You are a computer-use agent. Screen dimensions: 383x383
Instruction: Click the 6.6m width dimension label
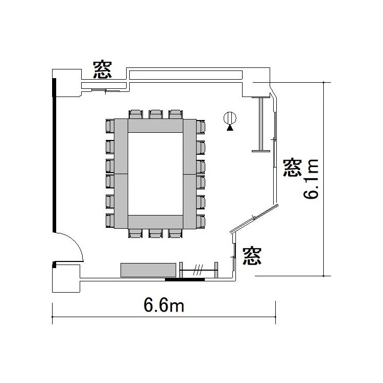point(163,305)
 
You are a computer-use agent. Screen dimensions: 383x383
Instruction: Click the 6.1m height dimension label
point(311,179)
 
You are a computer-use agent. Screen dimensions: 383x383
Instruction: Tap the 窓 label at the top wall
point(102,70)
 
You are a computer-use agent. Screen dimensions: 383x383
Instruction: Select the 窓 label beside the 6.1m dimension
point(293,167)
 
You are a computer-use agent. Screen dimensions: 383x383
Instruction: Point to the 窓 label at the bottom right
point(252,256)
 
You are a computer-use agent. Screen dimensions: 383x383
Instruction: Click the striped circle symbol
point(230,118)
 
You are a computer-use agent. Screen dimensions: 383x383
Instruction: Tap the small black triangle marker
point(230,128)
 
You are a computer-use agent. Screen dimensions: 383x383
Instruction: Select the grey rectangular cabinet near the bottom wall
point(148,270)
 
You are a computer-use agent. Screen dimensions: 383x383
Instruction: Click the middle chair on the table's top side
point(156,114)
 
